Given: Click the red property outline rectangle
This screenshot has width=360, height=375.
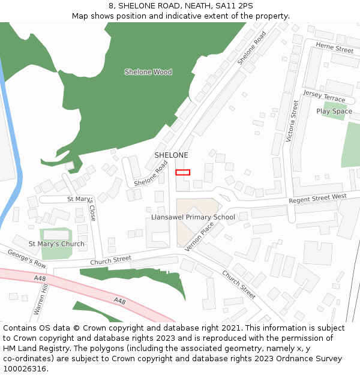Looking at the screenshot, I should click(182, 172).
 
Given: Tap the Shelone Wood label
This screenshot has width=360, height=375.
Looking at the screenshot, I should click(148, 72).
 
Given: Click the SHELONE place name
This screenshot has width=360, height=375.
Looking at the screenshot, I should click(171, 155).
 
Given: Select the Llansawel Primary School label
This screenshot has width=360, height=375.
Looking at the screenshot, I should click(193, 217).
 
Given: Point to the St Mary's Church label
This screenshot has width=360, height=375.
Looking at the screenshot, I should click(56, 244).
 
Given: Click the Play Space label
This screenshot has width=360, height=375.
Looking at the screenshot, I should click(334, 111).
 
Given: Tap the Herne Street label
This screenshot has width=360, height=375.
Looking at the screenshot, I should click(334, 49).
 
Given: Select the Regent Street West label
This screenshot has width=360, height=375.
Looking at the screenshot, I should click(317, 199).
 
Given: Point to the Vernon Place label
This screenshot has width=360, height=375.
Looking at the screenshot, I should click(199, 236).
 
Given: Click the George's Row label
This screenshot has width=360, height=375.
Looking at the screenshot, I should click(26, 259).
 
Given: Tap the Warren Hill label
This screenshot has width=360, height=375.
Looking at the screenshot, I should click(40, 301).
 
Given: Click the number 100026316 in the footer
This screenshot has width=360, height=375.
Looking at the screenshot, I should click(25, 368).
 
